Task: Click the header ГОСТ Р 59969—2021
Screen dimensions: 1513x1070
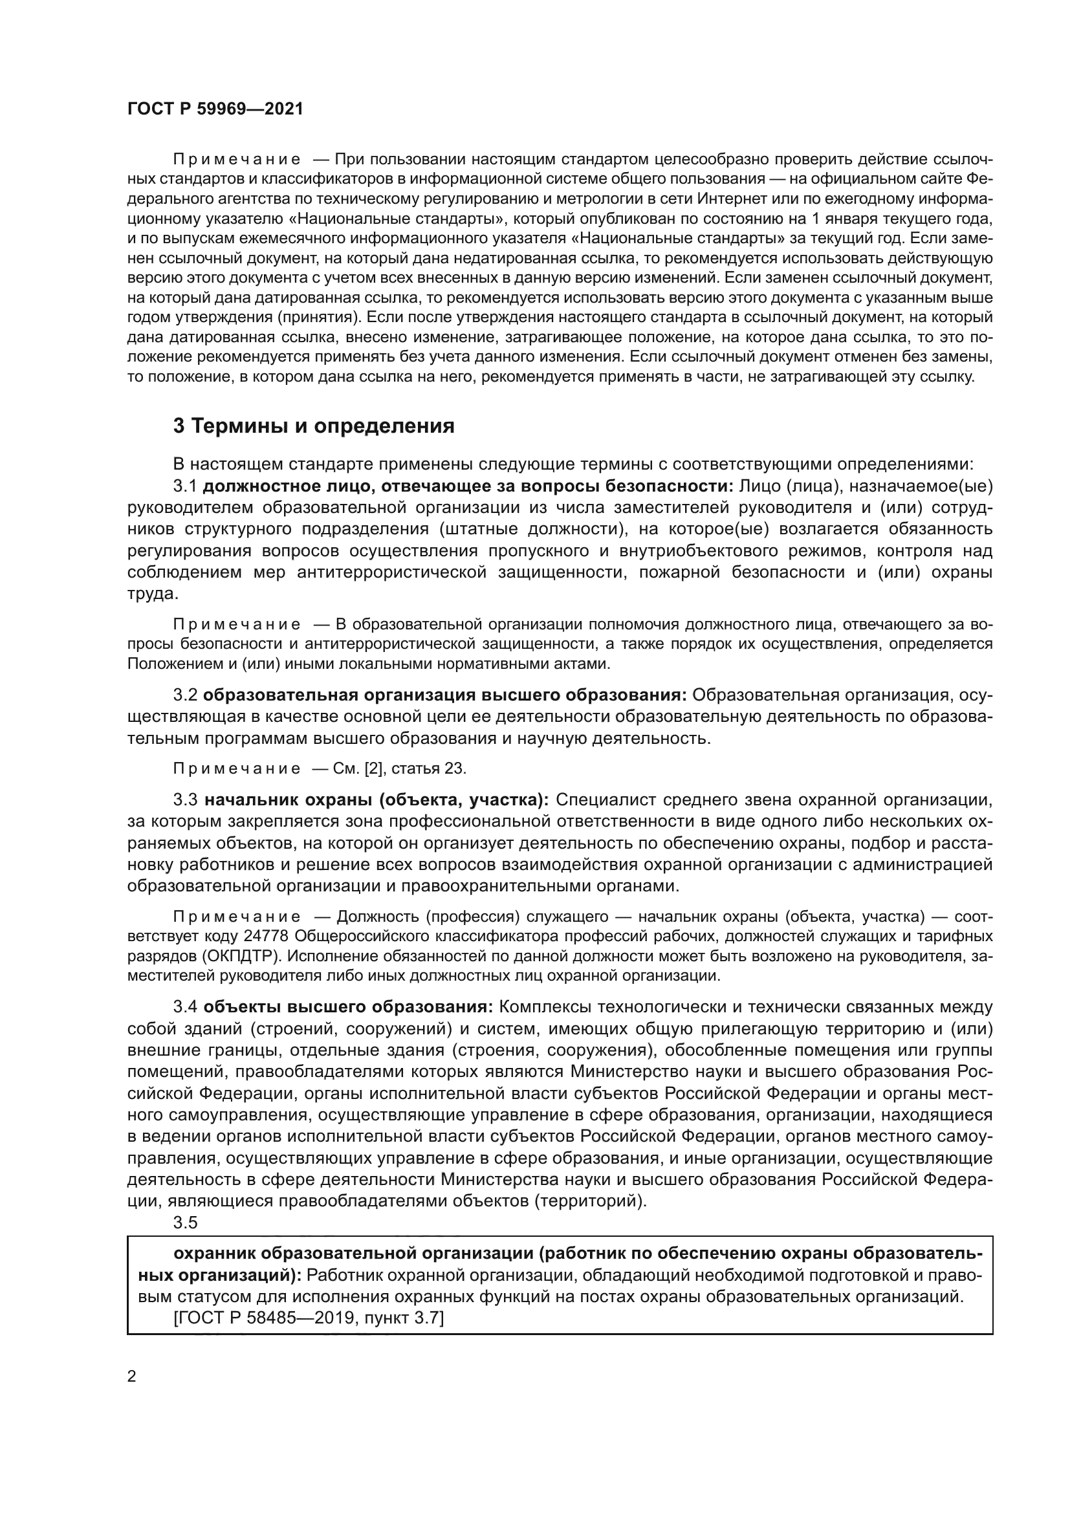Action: (215, 109)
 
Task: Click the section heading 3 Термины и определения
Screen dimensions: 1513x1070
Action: (314, 426)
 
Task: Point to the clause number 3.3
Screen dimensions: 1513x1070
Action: (185, 800)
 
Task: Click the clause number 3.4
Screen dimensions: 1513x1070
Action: (185, 1007)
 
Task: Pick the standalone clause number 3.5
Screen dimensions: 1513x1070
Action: (185, 1223)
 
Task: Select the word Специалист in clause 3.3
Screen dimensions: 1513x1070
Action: (605, 800)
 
